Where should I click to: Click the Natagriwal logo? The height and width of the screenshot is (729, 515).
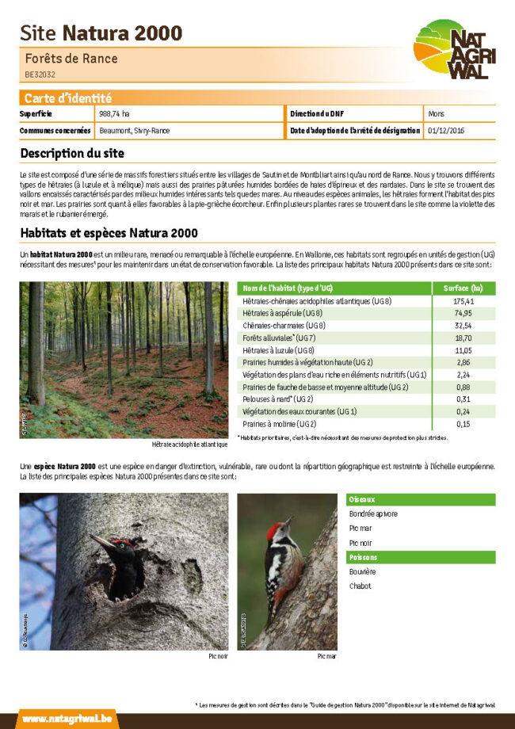click(x=452, y=50)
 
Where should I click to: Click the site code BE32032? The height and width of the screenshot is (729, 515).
click(x=40, y=74)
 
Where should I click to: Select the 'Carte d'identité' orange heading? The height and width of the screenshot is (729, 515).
click(x=67, y=98)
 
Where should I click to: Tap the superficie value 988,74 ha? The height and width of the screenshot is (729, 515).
click(x=114, y=114)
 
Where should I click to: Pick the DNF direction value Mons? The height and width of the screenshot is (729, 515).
click(x=436, y=114)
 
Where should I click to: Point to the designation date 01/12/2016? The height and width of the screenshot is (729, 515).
click(x=446, y=130)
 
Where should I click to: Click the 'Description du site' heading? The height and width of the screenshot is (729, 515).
click(x=72, y=153)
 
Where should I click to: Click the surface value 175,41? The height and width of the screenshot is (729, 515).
click(x=463, y=301)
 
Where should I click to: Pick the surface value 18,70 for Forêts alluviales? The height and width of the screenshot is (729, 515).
click(x=463, y=338)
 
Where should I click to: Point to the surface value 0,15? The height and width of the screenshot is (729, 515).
click(x=463, y=424)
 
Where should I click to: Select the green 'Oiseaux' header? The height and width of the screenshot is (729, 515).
click(x=362, y=499)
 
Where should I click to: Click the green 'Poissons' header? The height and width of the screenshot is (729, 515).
click(x=364, y=557)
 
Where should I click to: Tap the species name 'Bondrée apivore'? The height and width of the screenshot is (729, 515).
click(x=373, y=513)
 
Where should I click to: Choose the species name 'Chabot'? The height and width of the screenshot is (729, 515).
click(x=360, y=586)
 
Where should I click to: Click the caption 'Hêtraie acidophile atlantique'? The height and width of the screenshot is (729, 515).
click(x=189, y=445)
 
